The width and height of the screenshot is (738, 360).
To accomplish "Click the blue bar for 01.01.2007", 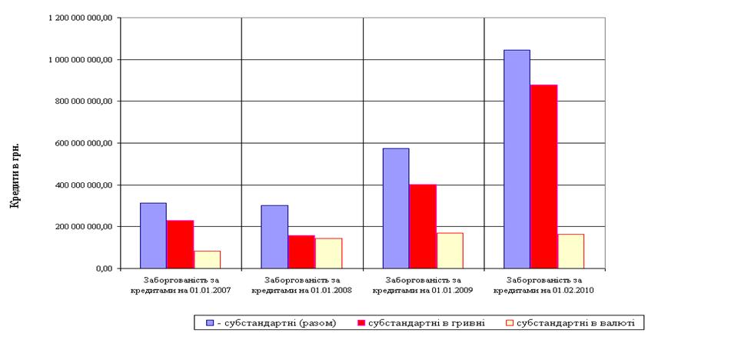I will point(153,235).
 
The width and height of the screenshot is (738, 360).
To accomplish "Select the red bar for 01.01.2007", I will point(180,245).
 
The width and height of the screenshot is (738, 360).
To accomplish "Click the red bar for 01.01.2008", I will point(301,252).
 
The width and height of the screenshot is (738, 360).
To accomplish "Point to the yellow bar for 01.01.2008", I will point(328,253).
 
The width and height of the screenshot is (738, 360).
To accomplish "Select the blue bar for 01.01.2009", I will point(395,208).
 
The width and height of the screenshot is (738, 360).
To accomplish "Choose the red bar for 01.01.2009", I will point(422,226).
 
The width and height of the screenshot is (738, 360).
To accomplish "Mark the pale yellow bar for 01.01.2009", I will point(450,250).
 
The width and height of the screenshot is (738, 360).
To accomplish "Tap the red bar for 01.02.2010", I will point(544,176).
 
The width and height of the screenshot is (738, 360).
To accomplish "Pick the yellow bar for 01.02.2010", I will point(570,251).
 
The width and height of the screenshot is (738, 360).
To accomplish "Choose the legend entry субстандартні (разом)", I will point(278,323).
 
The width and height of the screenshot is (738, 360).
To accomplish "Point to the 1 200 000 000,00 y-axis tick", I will point(81,18).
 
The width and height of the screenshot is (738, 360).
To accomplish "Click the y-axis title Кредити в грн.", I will point(13,175).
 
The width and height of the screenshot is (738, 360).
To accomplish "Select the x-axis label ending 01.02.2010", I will point(544,285).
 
